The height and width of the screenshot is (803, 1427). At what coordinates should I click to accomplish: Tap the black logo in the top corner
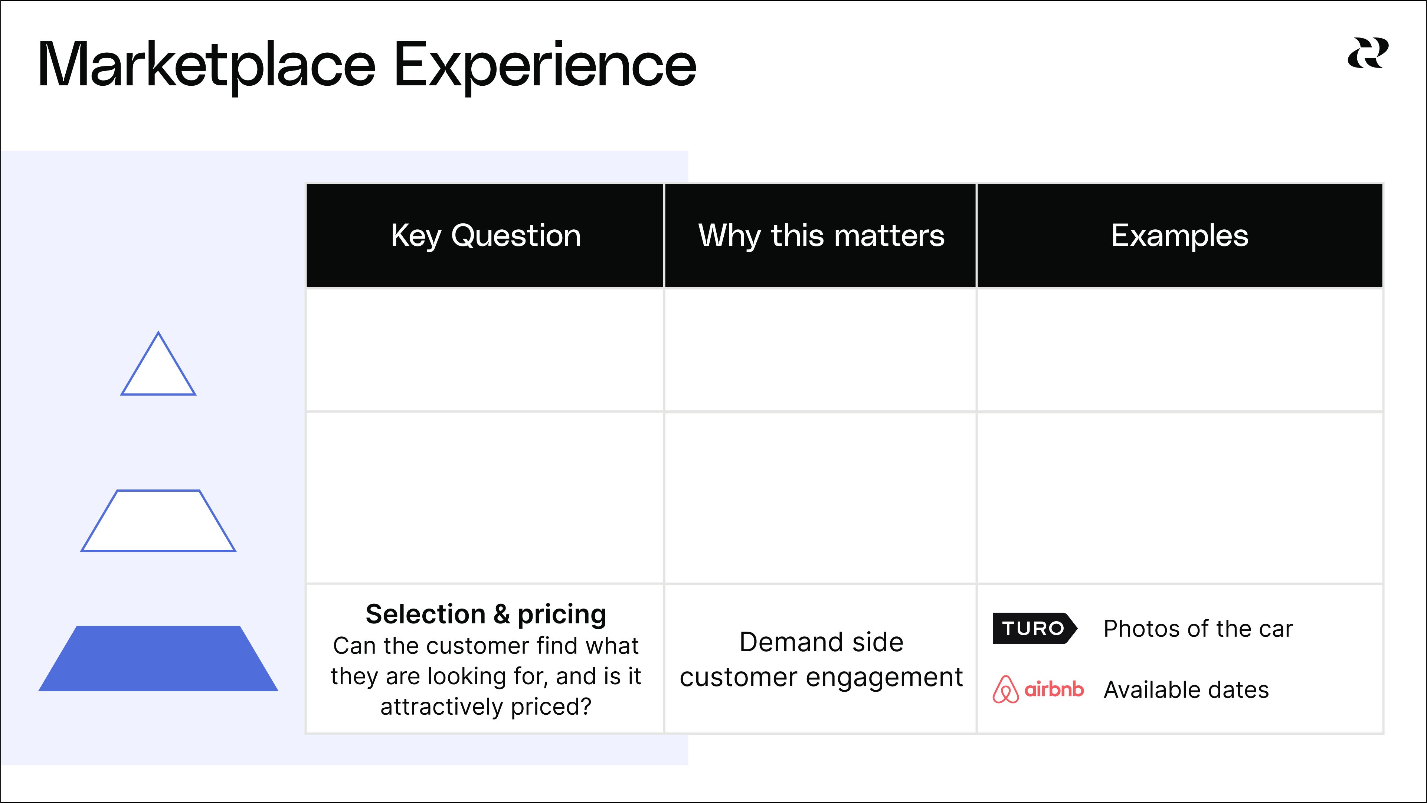1368,53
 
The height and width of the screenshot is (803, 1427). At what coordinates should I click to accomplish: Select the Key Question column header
485,236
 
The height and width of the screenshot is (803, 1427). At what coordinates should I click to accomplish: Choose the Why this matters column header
821,236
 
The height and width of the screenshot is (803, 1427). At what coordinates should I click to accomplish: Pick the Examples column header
1180,236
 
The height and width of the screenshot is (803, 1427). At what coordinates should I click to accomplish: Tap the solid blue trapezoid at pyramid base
158,658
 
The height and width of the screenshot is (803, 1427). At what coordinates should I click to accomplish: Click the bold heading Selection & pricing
486,614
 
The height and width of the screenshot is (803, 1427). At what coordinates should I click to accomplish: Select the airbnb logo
1038,689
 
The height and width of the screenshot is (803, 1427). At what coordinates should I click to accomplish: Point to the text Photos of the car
1198,629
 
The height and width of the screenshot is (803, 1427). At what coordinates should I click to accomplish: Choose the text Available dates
1186,690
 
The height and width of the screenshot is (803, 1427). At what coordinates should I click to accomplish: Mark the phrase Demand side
822,642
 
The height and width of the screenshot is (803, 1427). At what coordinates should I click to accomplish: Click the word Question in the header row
516,236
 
